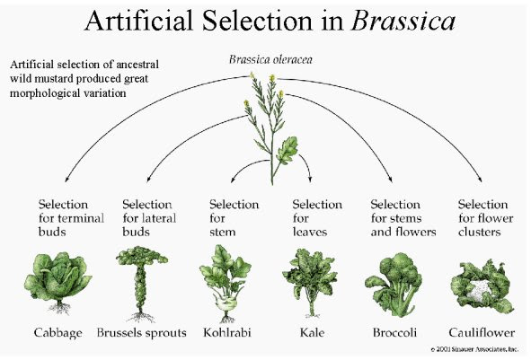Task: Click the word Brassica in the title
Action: coord(403,21)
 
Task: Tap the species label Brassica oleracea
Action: coord(270,59)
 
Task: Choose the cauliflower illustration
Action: coord(482,286)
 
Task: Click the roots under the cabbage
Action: coord(59,308)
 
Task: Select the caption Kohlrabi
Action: coord(227,332)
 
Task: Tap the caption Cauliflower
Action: coord(482,332)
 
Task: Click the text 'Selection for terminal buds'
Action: coord(71,218)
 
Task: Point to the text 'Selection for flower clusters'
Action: coord(485,218)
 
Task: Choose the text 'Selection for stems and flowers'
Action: coord(403,218)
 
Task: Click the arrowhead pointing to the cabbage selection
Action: coord(66,179)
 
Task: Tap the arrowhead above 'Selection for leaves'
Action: coord(310,179)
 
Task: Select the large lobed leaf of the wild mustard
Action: coord(287,150)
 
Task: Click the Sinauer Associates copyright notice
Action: coord(474,349)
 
